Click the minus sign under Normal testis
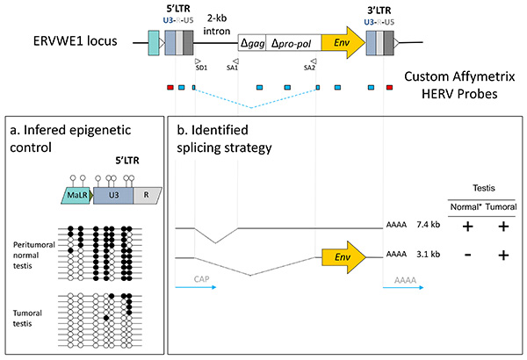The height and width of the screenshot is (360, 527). (x=462, y=256)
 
